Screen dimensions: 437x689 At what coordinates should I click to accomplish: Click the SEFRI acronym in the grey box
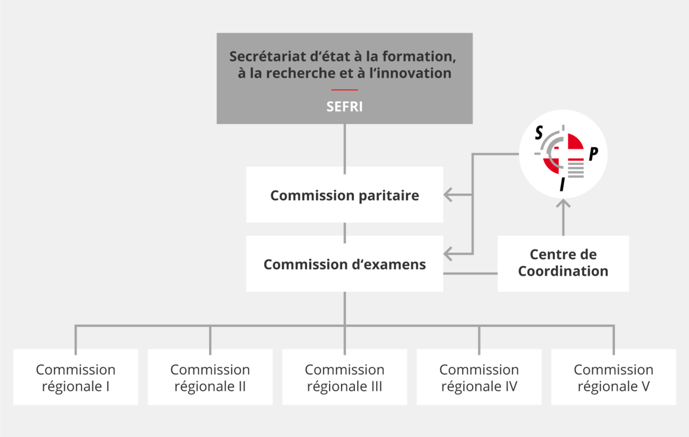pos(344,106)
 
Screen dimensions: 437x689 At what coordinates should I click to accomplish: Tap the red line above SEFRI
pos(344,90)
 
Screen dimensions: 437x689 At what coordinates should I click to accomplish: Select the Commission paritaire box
pos(344,195)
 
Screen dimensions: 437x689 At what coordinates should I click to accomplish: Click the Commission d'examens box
pos(344,264)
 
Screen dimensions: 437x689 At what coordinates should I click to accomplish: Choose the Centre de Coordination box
pos(563,263)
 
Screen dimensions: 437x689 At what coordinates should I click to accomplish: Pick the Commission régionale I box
pos(75,377)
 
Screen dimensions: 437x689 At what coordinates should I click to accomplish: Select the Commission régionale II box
pos(210,377)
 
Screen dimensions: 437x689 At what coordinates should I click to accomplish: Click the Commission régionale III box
pos(344,377)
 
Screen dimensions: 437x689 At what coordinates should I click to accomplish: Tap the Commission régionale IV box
pos(479,377)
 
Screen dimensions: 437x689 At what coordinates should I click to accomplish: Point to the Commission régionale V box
pos(613,377)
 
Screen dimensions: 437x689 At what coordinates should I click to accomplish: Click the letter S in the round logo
pos(539,133)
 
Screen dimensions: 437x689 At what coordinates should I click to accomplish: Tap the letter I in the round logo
pos(563,184)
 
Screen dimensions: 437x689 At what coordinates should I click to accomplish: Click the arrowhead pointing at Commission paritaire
pos(449,195)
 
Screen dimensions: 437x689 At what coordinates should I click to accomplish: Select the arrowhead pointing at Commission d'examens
pos(449,253)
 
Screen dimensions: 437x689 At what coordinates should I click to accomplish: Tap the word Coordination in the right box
pos(563,271)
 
